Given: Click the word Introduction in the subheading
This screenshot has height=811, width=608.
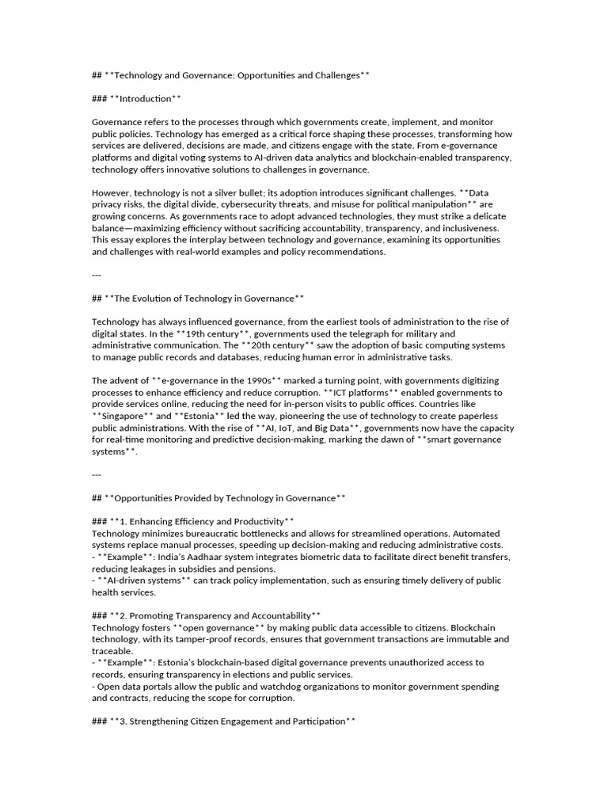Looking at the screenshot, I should (145, 98).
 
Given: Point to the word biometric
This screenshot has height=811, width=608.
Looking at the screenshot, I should (301, 557).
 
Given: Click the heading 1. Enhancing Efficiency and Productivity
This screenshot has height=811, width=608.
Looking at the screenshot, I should (203, 521).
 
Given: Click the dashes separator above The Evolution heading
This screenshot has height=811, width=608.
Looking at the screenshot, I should (97, 275).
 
